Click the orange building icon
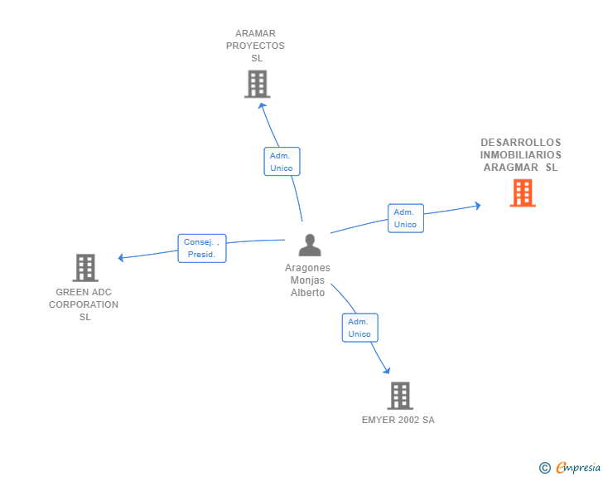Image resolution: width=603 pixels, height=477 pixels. (x=523, y=193)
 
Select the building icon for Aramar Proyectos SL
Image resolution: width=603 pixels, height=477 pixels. (x=258, y=84)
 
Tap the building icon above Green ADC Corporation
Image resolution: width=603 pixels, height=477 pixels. (x=85, y=268)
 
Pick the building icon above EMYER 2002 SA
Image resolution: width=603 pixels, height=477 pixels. (x=400, y=396)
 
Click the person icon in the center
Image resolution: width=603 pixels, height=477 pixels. (x=310, y=245)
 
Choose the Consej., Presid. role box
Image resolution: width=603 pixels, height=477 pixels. (x=202, y=248)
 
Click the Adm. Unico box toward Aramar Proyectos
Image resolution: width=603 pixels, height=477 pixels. (x=282, y=162)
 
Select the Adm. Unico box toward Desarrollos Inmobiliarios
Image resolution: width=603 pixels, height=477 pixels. (x=406, y=218)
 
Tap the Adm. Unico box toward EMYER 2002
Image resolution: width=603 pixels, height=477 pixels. (x=360, y=328)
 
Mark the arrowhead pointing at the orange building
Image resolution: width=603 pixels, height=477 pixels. (x=478, y=206)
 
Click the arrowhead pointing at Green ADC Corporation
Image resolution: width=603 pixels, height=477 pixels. (x=121, y=258)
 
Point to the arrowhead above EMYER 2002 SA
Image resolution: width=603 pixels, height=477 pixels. (x=387, y=371)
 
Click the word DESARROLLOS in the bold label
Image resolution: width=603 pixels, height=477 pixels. (x=521, y=143)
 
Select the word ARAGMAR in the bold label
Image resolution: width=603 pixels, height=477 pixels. (x=511, y=168)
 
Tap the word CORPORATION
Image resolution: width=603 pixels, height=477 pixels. (x=84, y=304)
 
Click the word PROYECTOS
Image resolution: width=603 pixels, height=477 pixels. (x=255, y=46)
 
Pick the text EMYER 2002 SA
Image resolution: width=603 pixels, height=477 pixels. (x=398, y=420)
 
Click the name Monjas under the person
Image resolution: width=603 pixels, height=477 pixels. (x=307, y=280)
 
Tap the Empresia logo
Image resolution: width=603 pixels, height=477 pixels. (x=570, y=467)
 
